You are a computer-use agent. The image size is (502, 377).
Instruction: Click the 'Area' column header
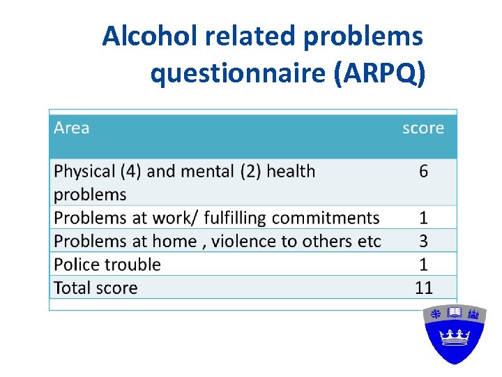71,128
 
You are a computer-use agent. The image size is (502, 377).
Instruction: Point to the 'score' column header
423,128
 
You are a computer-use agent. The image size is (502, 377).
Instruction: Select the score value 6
423,172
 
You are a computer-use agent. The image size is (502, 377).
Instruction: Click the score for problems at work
423,218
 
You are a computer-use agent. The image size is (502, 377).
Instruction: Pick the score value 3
423,242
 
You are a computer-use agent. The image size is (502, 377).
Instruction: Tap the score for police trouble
423,265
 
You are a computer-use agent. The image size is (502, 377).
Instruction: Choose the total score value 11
423,288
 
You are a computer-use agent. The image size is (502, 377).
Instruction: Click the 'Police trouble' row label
107,265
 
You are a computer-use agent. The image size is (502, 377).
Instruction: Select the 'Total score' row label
96,288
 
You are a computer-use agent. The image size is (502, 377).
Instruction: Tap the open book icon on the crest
455,313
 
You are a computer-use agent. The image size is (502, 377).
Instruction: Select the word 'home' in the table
180,242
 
